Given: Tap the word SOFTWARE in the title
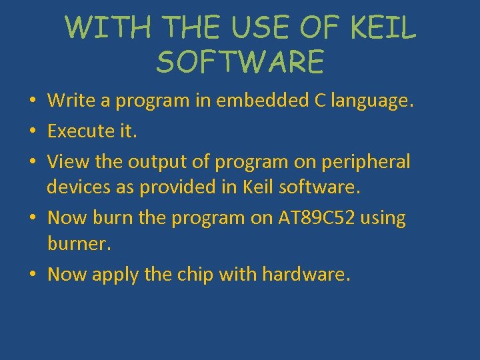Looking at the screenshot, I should point(240,62).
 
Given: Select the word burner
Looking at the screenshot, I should point(77,244).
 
